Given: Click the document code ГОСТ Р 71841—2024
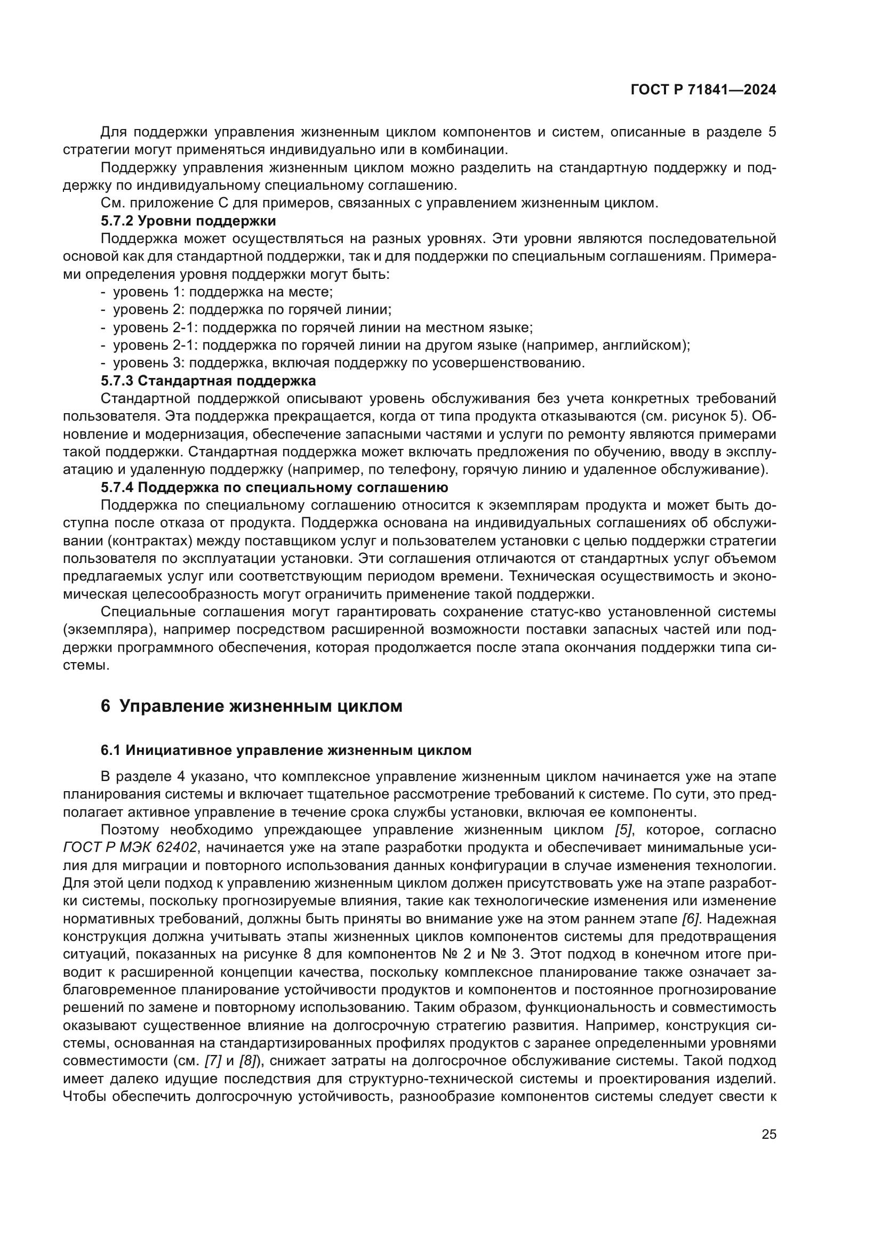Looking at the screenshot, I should point(703,90).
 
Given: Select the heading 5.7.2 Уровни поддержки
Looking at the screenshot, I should point(188,221).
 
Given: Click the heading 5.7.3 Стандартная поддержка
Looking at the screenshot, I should point(208,380).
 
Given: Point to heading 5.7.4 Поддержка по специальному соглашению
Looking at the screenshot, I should point(274,487).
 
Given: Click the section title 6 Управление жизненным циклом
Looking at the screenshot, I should point(252,706).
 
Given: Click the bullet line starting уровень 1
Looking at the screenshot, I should point(223,292).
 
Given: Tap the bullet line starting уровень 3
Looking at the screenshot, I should point(348,363).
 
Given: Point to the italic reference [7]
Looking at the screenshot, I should point(213,1061).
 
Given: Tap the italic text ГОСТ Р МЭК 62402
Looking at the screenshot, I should point(130,848).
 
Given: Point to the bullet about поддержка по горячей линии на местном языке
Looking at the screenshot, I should point(323,327).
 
